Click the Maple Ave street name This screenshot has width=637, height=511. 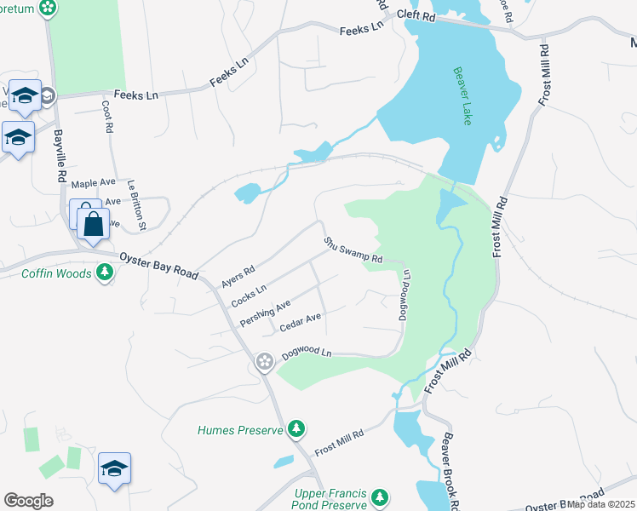[x=93, y=183]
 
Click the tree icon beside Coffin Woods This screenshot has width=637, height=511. [x=105, y=273]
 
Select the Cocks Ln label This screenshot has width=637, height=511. [x=250, y=295]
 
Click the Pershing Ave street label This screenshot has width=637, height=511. [x=266, y=313]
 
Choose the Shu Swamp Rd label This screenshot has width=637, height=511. [x=353, y=250]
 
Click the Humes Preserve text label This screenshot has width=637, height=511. [x=240, y=430]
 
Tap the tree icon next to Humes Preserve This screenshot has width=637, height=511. [x=296, y=428]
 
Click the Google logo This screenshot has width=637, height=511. [x=28, y=501]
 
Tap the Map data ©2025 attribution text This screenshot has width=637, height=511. [x=601, y=504]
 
